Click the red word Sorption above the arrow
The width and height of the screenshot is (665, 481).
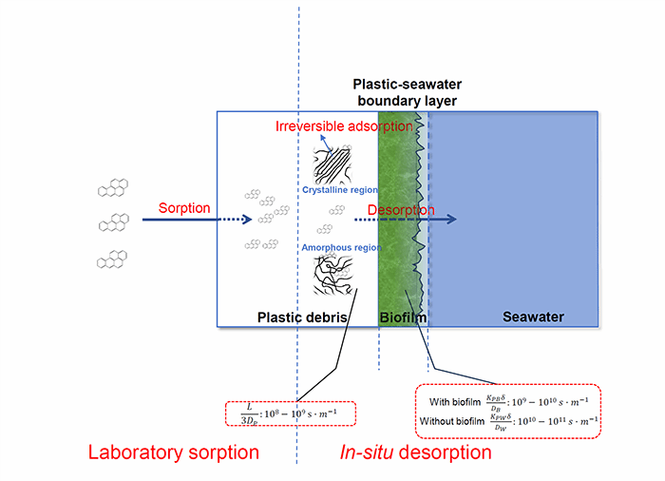pyautogui.click(x=185, y=208)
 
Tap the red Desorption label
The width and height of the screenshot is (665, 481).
pyautogui.click(x=401, y=209)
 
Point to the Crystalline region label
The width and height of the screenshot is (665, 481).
pyautogui.click(x=334, y=190)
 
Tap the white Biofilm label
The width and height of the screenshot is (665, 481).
pyautogui.click(x=403, y=317)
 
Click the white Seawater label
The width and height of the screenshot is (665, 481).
pyautogui.click(x=533, y=317)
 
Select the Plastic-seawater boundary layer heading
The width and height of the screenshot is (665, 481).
pyautogui.click(x=405, y=93)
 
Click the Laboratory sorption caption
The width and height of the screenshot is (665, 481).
pyautogui.click(x=173, y=452)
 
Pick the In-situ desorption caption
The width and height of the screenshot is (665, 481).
pyautogui.click(x=415, y=452)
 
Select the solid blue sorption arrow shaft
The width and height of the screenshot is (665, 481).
pyautogui.click(x=180, y=220)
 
